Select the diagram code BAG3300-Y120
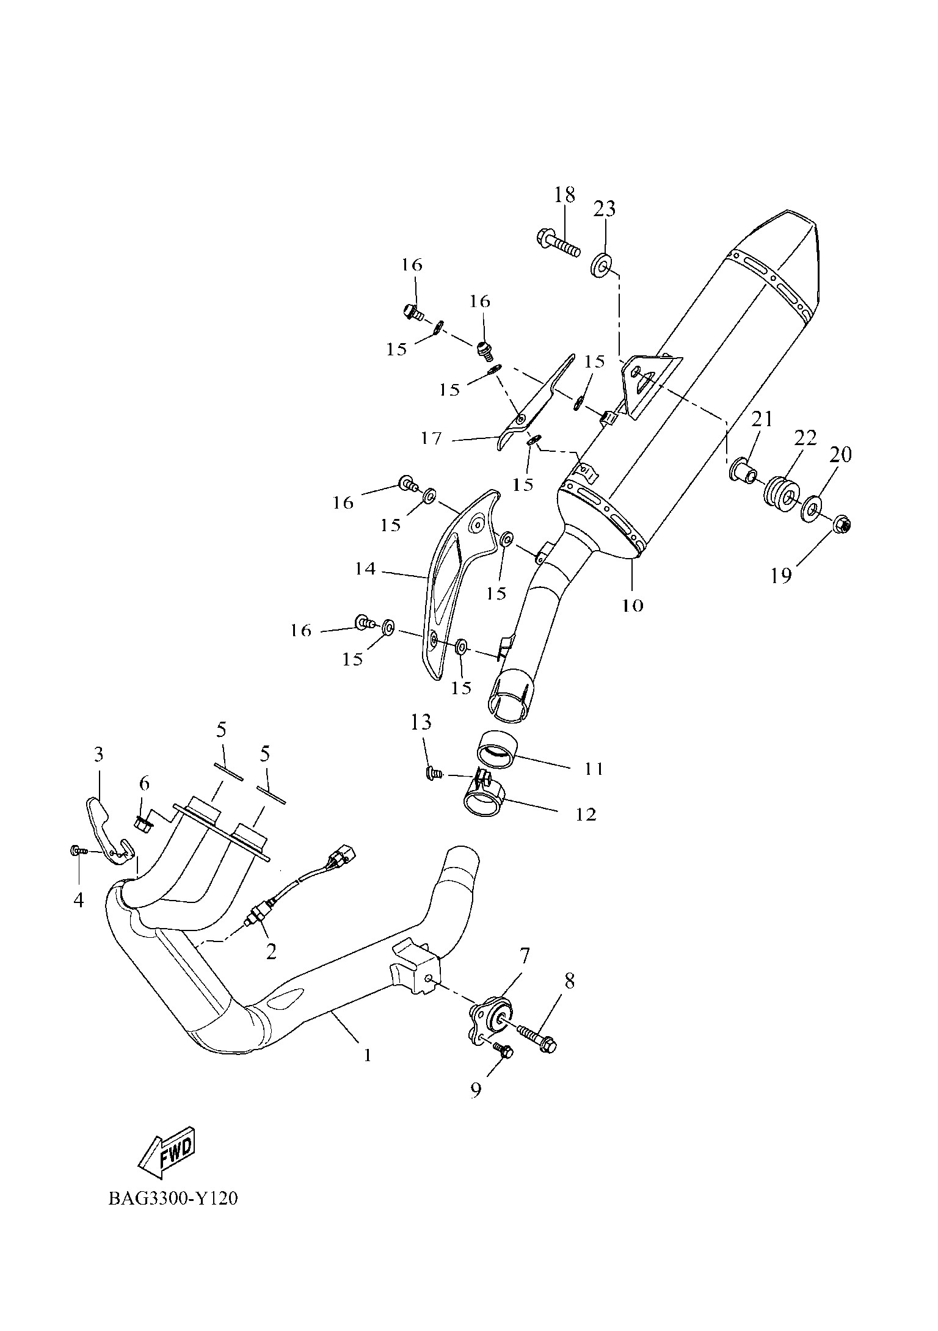(x=173, y=1199)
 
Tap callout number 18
(x=565, y=195)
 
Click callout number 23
(x=605, y=209)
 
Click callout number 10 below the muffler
(x=633, y=605)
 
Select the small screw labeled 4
(x=78, y=850)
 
